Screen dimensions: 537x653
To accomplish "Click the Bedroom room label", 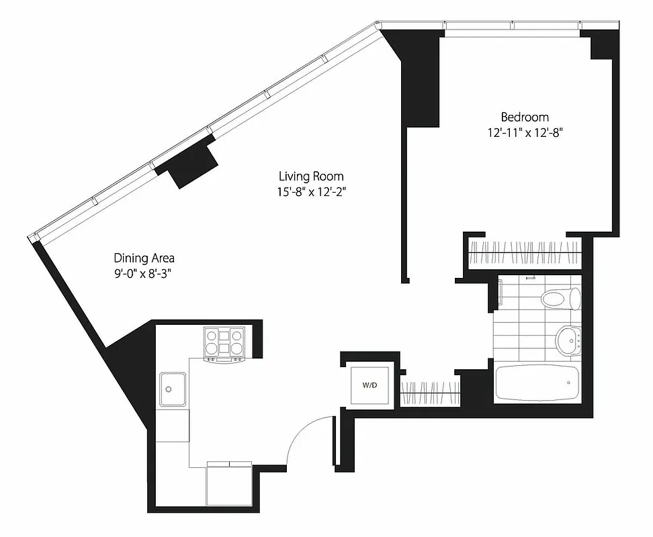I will coord(525,117).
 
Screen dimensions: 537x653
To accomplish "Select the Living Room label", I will coord(311,176).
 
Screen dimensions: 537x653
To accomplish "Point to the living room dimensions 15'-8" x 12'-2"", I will coord(311,191).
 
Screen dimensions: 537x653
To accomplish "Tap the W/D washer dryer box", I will coord(369,385).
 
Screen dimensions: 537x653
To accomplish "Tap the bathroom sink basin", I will coord(568,341).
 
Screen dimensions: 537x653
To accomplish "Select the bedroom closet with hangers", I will coord(524,254).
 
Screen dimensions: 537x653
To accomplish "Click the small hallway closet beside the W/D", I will coord(431,392).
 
